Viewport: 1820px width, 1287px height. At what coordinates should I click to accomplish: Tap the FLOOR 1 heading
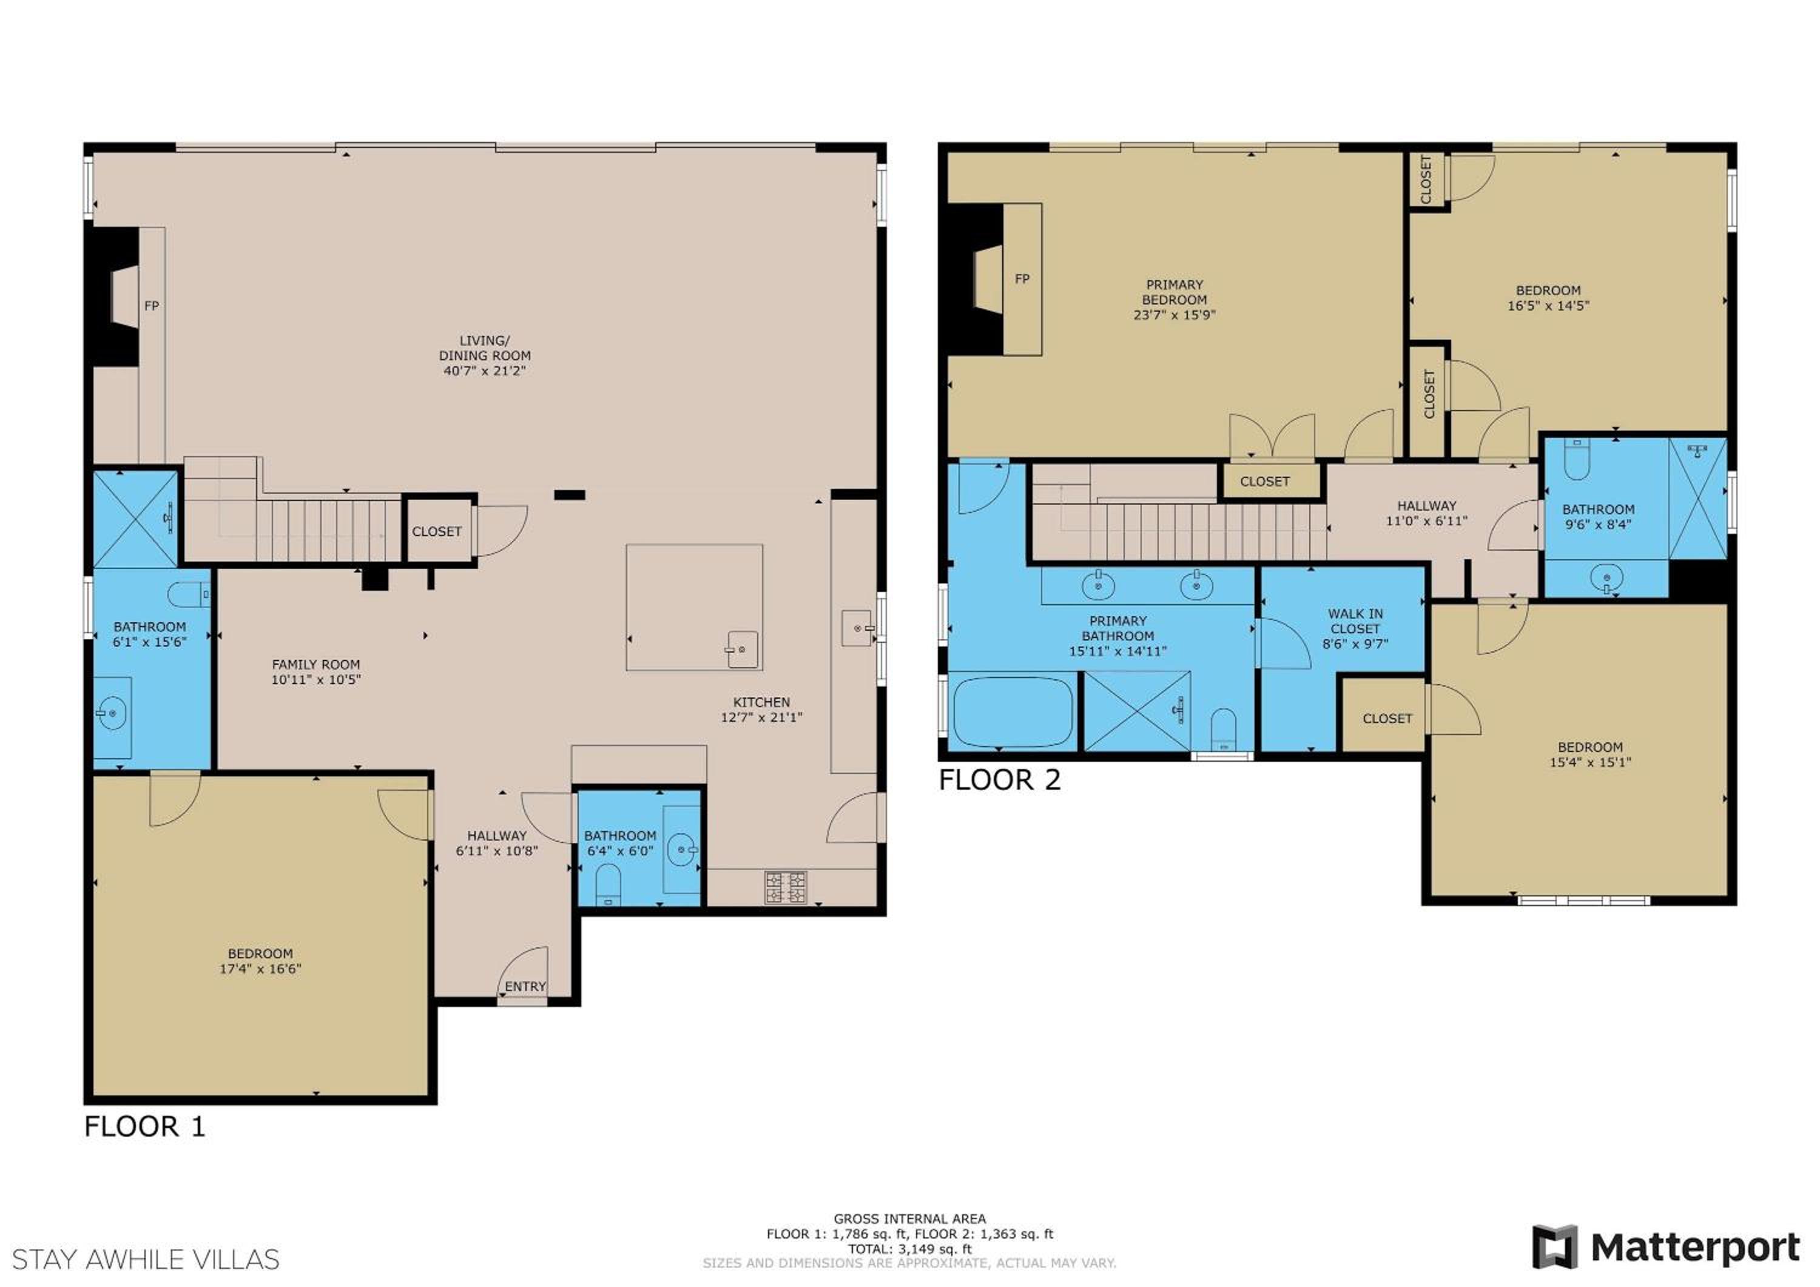(x=145, y=1126)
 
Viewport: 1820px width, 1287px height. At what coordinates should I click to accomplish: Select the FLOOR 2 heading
(x=1000, y=780)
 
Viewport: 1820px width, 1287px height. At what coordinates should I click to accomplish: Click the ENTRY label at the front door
(x=525, y=986)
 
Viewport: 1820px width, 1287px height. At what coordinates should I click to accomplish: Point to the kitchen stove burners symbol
(x=786, y=887)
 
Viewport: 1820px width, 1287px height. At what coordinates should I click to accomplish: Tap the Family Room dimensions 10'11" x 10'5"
(x=315, y=679)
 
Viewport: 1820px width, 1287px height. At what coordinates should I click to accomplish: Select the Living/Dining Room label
(x=484, y=348)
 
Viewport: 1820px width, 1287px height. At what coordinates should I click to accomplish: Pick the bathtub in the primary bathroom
(x=1013, y=711)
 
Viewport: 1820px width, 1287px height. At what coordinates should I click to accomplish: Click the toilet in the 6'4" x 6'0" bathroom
(x=608, y=884)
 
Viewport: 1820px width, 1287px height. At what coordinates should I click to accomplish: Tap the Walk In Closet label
(x=1355, y=621)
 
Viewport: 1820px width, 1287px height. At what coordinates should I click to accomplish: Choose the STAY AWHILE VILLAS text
(x=146, y=1259)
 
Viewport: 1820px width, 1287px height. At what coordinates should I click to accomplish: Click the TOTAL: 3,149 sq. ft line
(x=909, y=1249)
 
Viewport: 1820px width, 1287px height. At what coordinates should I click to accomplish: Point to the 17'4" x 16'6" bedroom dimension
(x=260, y=969)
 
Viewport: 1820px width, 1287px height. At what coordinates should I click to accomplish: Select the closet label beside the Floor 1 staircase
(x=437, y=532)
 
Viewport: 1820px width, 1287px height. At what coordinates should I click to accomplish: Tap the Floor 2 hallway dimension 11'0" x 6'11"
(x=1427, y=520)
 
